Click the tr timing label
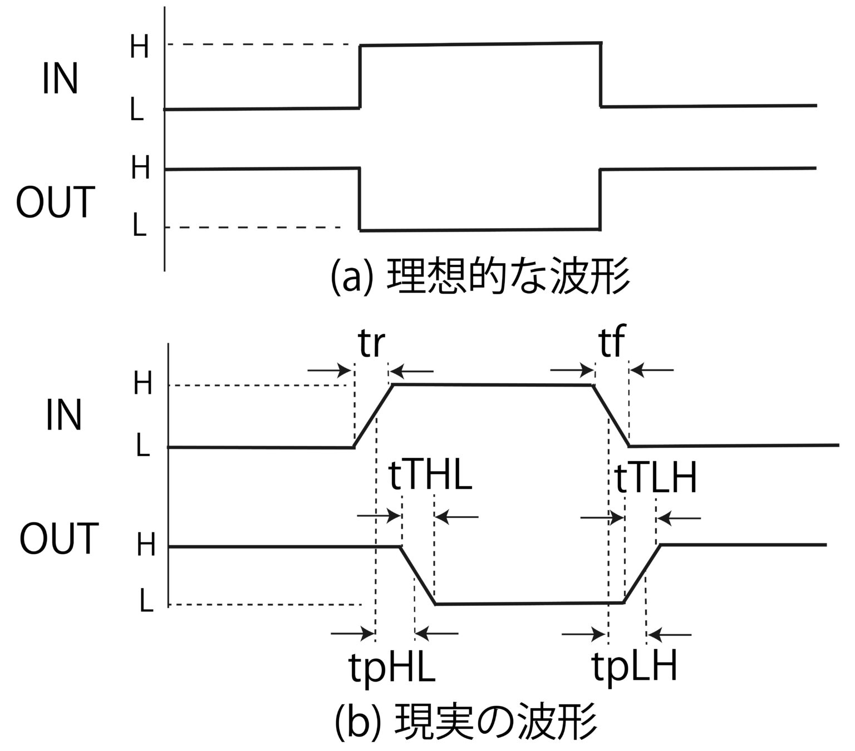click(371, 344)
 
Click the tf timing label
click(612, 344)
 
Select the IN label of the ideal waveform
click(60, 80)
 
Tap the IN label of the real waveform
click(63, 416)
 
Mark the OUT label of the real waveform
click(59, 538)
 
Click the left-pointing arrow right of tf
click(654, 369)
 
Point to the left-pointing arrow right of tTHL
click(456, 517)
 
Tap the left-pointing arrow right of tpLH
click(671, 634)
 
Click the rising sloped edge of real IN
click(374, 416)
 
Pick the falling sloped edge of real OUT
click(417, 575)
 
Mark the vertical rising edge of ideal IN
click(360, 76)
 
